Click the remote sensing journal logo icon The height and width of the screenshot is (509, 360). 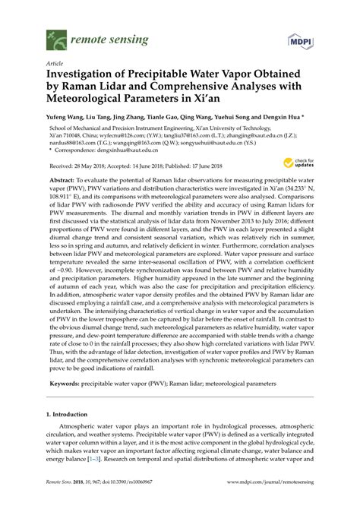[x=55, y=36]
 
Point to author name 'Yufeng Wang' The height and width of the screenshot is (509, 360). [x=68, y=119]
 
